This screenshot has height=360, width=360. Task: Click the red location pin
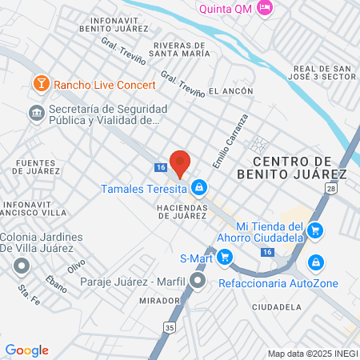[x=180, y=162]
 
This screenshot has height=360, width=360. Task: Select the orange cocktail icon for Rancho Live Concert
[x=39, y=83]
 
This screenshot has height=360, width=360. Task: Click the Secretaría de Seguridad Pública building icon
[x=36, y=113]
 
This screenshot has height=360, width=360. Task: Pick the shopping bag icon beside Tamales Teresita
[x=199, y=189]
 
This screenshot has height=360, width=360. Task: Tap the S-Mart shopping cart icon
[x=225, y=258]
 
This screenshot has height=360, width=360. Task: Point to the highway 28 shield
[x=330, y=188]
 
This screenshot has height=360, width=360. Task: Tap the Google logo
[x=26, y=350]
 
